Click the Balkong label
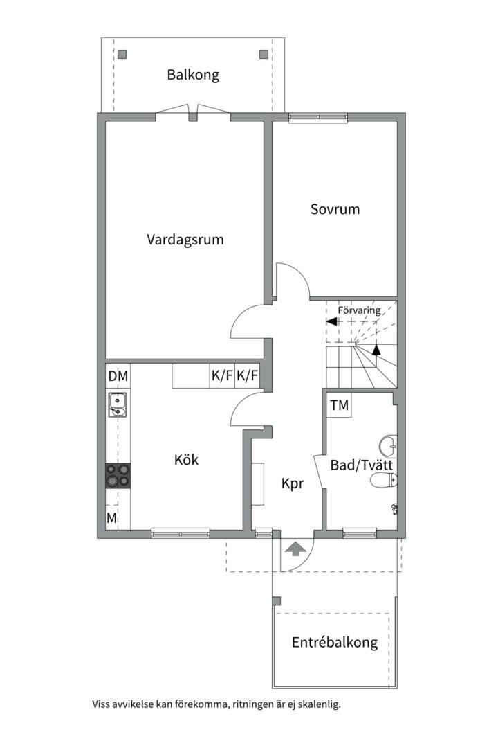193,75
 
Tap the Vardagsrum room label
185,240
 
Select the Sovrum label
335,209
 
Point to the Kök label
186,460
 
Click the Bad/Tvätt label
362,465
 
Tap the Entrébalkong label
335,642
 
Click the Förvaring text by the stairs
360,310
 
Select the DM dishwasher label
118,376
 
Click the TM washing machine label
340,405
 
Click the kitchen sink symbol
117,405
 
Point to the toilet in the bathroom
382,481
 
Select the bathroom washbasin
388,446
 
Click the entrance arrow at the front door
295,549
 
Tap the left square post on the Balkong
122,55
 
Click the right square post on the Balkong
264,55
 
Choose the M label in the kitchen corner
111,518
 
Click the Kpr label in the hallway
292,483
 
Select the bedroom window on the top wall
318,117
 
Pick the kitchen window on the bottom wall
181,533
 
